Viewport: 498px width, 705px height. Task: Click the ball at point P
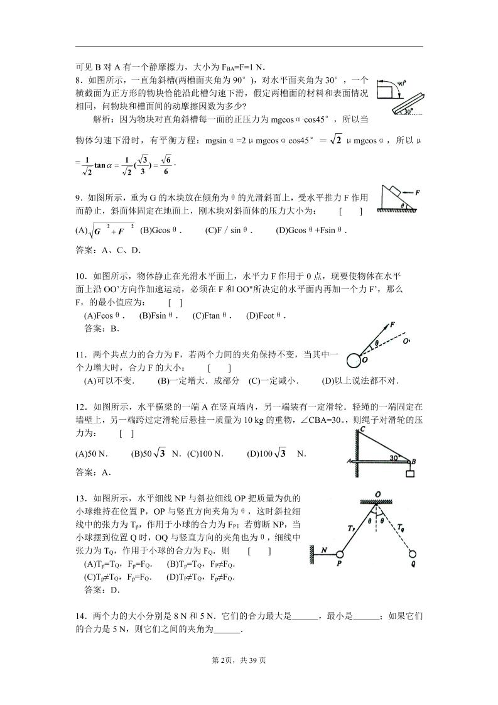point(340,555)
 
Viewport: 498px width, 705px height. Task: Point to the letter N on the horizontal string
point(323,550)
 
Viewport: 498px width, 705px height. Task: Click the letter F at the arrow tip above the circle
point(392,325)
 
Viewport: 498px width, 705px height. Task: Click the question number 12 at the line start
point(80,408)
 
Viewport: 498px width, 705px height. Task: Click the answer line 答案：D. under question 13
point(102,590)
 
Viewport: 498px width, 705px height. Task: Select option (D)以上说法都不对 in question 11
point(360,381)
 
